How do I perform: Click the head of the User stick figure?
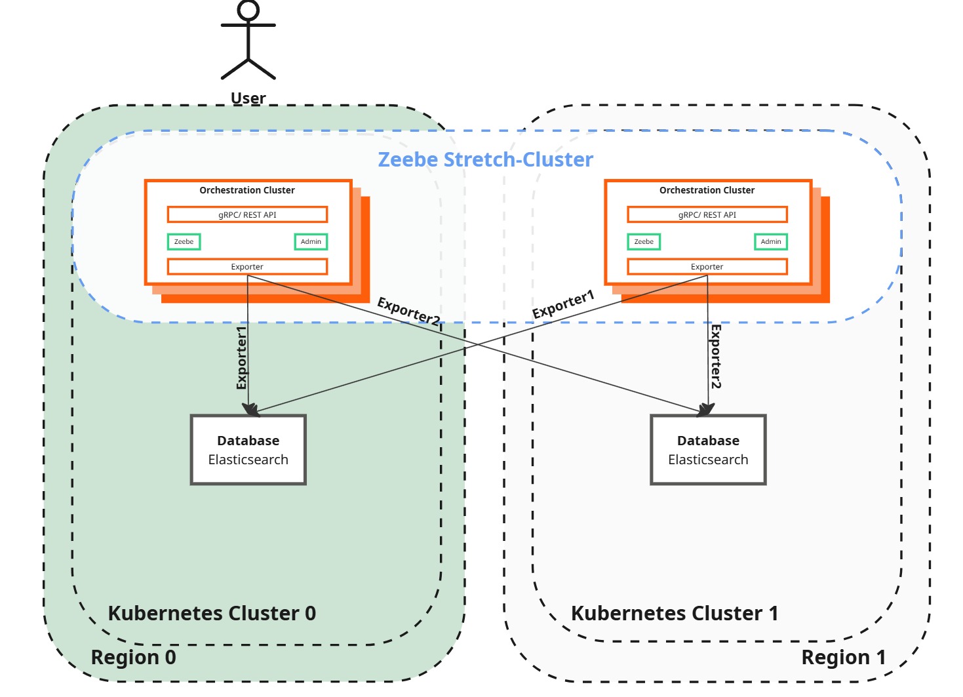248,10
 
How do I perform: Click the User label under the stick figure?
248,98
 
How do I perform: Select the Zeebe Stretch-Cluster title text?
485,159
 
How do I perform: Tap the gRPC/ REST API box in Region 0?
247,214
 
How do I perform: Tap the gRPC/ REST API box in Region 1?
707,214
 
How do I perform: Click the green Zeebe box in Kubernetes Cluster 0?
184,242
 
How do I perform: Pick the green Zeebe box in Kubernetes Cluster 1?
644,242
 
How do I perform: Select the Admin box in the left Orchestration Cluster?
311,242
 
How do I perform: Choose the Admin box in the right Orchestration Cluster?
771,242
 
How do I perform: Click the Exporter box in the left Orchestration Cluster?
247,267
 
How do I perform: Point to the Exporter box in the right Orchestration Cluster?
707,267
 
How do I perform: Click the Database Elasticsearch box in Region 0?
248,450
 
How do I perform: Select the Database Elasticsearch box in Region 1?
708,450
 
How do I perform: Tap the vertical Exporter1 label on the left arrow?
241,358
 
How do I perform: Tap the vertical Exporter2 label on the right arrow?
716,357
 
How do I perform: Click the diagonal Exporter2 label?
408,311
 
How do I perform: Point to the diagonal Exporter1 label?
563,304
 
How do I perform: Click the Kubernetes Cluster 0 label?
212,613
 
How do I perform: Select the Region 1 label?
843,657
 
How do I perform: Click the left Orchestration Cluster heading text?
247,190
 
